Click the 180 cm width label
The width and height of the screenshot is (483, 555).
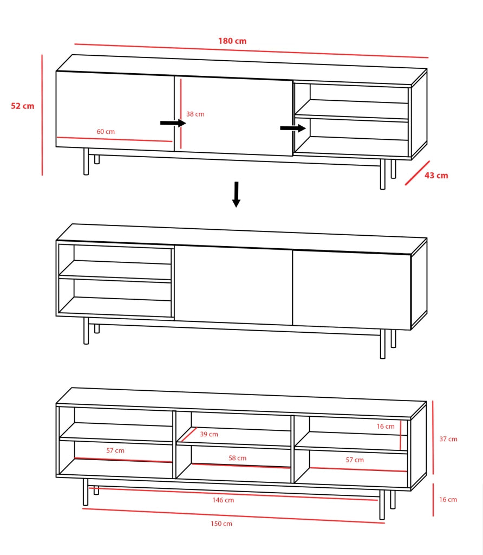tap(232, 41)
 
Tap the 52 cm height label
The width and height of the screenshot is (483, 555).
tap(23, 106)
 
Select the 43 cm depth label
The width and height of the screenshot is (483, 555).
tap(436, 176)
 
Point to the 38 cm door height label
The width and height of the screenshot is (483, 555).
tap(195, 114)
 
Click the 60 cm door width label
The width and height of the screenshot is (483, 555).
tap(106, 132)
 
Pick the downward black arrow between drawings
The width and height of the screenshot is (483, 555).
tap(236, 195)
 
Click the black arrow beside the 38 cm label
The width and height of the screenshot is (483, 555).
tap(173, 123)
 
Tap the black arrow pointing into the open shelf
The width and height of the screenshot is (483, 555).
tap(293, 128)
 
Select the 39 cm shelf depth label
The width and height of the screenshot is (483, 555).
tap(209, 434)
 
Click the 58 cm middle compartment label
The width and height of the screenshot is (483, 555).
tap(237, 458)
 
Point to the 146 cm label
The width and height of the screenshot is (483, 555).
tap(223, 500)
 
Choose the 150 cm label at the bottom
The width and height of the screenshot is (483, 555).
tap(221, 524)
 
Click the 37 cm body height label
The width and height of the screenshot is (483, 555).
tap(448, 439)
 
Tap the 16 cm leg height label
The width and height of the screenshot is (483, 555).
tap(448, 500)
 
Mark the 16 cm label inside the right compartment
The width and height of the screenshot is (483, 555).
tap(386, 427)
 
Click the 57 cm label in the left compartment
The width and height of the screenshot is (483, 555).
tap(115, 450)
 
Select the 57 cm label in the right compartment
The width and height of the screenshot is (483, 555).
tap(355, 460)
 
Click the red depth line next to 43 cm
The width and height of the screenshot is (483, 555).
tap(417, 173)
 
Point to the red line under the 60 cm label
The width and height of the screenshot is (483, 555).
tap(114, 139)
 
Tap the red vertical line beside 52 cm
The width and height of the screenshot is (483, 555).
tap(42, 115)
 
